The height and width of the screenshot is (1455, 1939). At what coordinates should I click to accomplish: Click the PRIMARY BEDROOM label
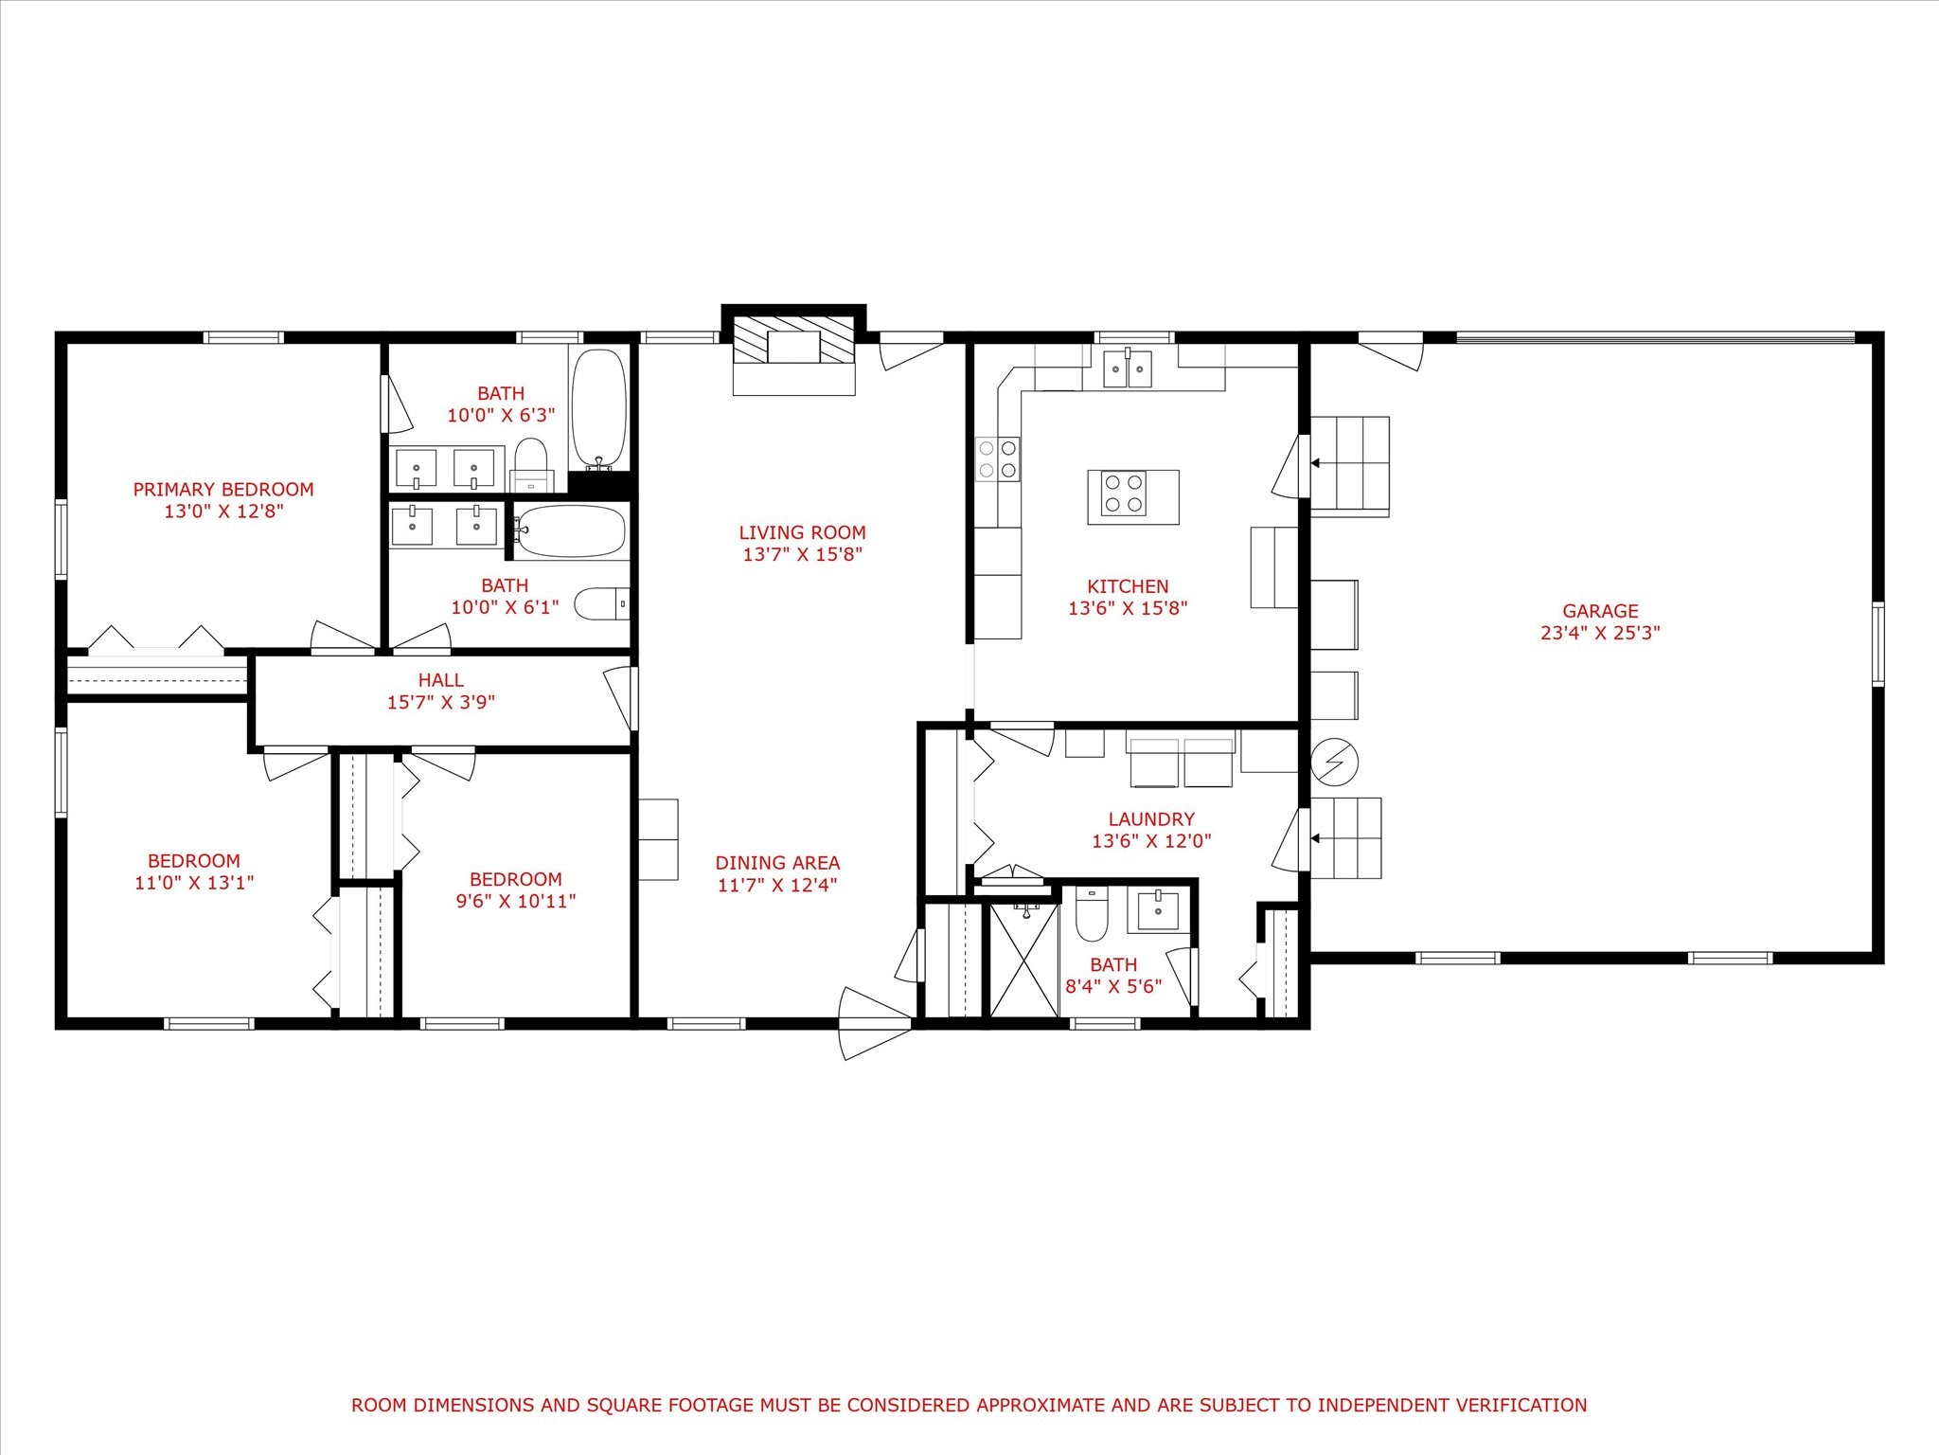coord(223,490)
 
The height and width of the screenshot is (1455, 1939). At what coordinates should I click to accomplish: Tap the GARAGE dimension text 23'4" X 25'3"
coord(1600,633)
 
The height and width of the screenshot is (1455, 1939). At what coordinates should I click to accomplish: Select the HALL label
coord(441,680)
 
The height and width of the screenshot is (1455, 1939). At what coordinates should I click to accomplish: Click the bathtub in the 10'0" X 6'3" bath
coord(598,409)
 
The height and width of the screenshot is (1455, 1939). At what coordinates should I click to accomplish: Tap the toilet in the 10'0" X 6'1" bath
coord(603,603)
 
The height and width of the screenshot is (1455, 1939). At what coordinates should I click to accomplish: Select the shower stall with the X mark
coord(1023,960)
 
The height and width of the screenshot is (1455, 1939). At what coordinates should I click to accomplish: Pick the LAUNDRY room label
coord(1151,818)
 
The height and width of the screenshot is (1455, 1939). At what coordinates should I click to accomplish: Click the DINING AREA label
coord(777,863)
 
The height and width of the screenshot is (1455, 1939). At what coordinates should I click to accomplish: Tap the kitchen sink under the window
coord(1128,368)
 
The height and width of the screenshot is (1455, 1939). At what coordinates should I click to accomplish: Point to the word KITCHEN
coord(1128,586)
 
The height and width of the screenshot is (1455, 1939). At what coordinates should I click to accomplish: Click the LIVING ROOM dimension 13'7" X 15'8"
coord(802,554)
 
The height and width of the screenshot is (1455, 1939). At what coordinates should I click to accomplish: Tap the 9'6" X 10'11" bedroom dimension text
coord(516,901)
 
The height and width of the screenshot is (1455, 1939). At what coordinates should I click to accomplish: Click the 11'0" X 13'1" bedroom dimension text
coord(194,883)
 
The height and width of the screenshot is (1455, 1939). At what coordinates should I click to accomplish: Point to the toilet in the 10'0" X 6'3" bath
coord(531,464)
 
